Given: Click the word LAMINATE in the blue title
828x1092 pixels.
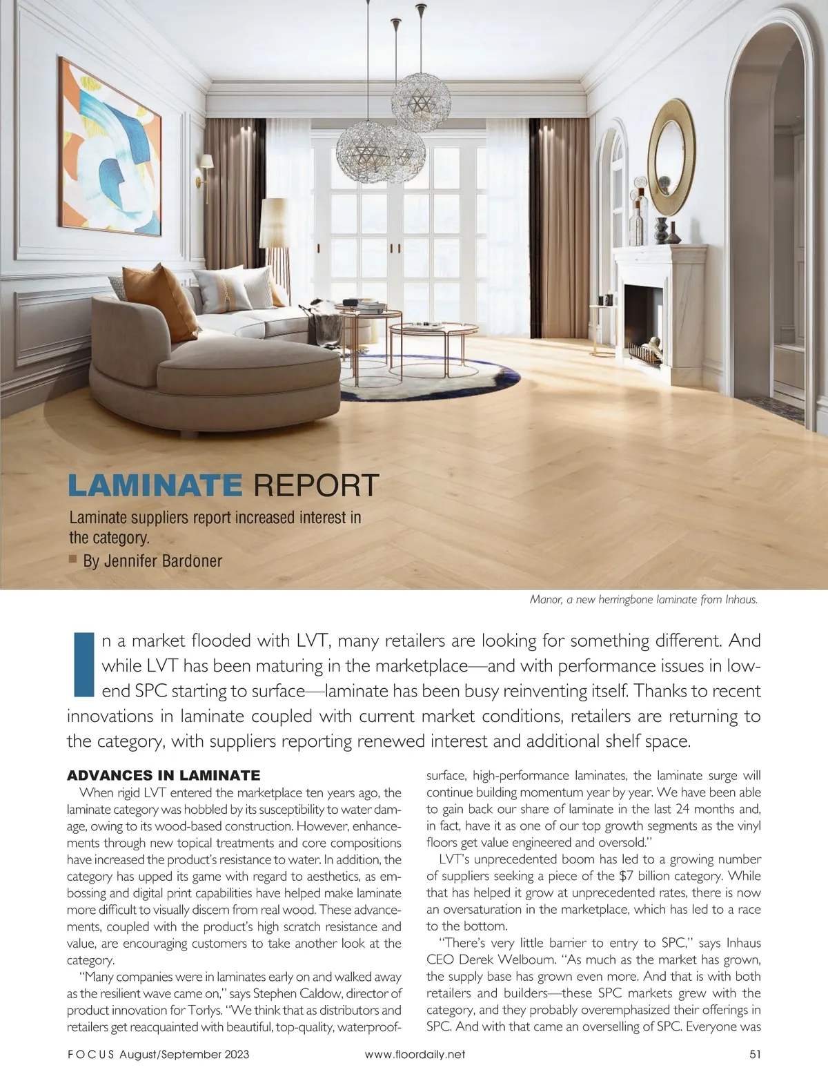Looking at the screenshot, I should tap(155, 485).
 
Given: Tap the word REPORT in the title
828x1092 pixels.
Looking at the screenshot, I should tap(316, 485).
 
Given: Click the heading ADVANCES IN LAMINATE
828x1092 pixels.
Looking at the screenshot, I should tap(164, 775).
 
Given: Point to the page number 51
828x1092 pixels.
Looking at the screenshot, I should tap(755, 1054).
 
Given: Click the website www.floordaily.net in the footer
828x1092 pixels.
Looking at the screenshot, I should tap(415, 1054).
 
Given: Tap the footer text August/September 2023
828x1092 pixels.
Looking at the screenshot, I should tap(184, 1054).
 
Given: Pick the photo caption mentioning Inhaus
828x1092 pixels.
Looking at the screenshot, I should tap(644, 600).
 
